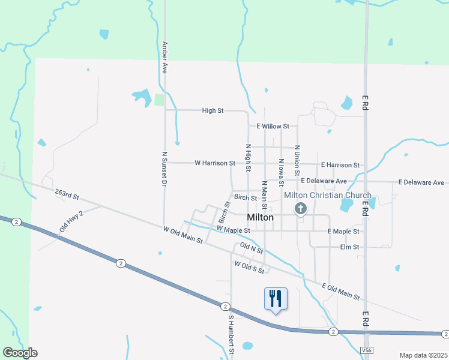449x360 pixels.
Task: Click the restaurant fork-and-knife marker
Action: (276, 298)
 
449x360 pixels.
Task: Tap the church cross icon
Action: (300, 209)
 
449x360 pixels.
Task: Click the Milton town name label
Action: (261, 218)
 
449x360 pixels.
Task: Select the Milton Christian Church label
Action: (327, 196)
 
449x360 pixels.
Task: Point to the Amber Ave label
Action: (164, 57)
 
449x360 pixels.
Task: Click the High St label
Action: (212, 110)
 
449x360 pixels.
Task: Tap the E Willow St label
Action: (273, 127)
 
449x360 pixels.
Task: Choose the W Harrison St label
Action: (215, 163)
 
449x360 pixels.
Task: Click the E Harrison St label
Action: (340, 165)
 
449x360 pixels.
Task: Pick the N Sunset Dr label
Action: (164, 169)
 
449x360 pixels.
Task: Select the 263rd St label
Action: (67, 195)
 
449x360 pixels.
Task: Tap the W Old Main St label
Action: (183, 234)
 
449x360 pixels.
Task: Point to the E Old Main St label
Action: (340, 292)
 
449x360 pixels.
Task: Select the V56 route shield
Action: (367, 349)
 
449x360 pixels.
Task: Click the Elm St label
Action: (349, 247)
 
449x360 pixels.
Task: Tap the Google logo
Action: (20, 353)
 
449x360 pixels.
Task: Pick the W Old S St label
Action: (250, 267)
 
